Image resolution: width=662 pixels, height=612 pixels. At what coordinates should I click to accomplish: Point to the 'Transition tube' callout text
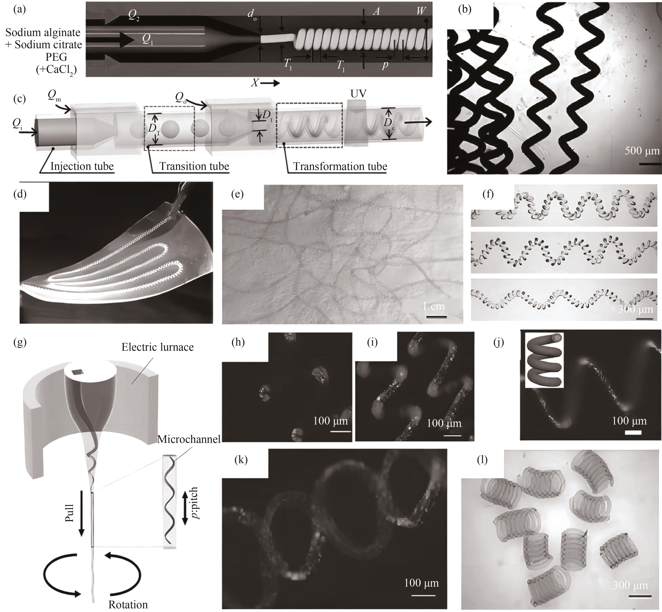coord(194,166)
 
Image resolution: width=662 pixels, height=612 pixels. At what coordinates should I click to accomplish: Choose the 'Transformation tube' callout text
coord(340,166)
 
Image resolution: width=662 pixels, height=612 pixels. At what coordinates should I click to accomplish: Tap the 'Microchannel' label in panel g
coord(189,439)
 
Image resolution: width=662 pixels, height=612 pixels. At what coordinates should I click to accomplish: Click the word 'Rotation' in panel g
coord(128,605)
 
